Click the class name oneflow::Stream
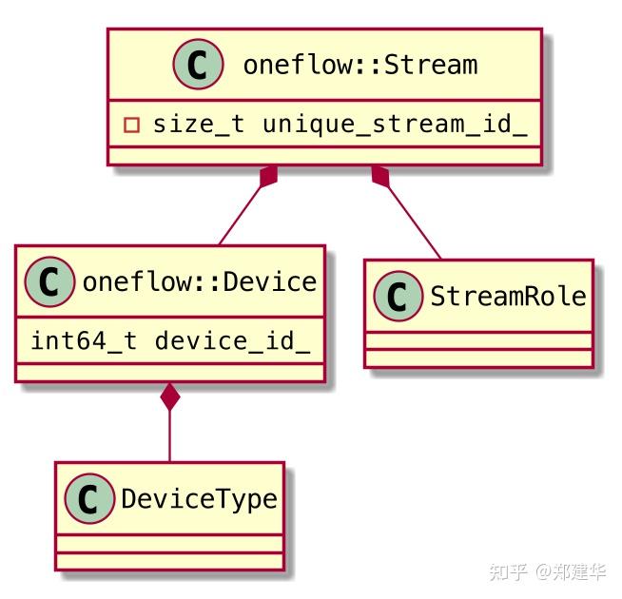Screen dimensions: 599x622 [360, 66]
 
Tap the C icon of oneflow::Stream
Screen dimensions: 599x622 [198, 66]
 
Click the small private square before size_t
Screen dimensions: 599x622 [132, 125]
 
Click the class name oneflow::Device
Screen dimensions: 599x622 [200, 281]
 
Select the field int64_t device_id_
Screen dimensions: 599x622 [169, 340]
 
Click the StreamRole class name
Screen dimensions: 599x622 [508, 296]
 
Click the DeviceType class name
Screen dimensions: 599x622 [199, 499]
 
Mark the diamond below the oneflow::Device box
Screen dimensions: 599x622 [170, 396]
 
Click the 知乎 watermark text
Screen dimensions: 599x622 [508, 572]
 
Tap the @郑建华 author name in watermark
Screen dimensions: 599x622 [570, 572]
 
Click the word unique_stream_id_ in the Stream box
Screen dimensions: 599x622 [395, 124]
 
